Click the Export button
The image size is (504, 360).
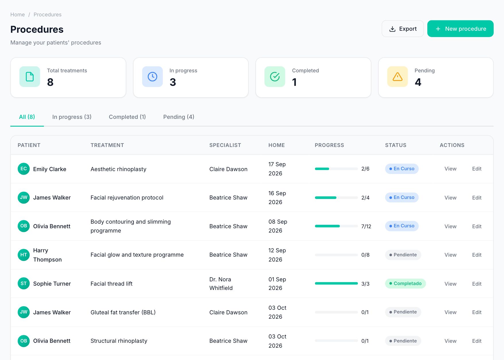(402, 29)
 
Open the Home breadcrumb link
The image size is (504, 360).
(18, 15)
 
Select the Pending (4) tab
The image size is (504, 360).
(179, 117)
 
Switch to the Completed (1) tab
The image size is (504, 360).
(127, 117)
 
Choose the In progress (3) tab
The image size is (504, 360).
(72, 117)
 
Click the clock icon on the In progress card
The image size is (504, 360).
(152, 77)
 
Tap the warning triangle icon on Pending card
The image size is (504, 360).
(397, 77)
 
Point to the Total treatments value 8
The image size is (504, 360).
(50, 82)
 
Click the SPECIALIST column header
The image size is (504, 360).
(225, 145)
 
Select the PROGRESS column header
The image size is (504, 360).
(329, 145)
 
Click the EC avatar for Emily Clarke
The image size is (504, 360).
(24, 169)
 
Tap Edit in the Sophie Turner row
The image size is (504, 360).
(477, 284)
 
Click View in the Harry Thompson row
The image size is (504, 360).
(450, 255)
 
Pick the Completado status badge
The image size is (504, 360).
(405, 283)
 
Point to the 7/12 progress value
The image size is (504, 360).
(366, 226)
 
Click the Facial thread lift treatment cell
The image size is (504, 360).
(111, 284)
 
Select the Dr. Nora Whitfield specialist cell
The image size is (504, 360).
(221, 284)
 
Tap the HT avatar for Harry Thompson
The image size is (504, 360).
(24, 255)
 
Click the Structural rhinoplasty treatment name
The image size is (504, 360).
(119, 341)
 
